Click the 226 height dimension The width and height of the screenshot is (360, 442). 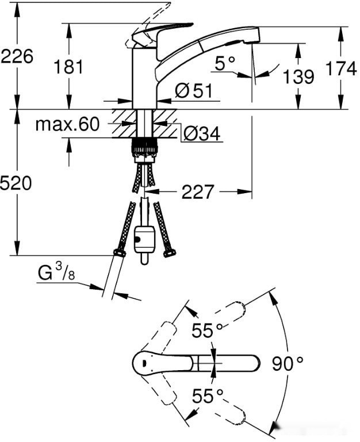point(17,56)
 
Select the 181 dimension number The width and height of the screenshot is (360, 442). point(68,67)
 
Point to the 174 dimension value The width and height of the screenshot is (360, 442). point(341,69)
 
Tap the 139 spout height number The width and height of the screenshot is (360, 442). point(298,76)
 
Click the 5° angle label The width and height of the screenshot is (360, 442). point(225,63)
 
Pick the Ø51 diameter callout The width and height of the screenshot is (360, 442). point(194,91)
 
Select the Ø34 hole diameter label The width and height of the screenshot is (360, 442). point(202,133)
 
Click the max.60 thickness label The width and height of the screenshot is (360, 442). point(68,124)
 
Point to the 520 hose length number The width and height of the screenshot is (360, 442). point(16,183)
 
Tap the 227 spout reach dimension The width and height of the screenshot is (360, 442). point(198,192)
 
